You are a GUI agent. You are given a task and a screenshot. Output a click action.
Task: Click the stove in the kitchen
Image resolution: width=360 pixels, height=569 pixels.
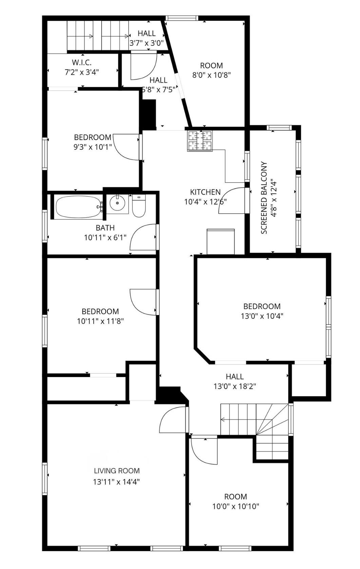point(200,141)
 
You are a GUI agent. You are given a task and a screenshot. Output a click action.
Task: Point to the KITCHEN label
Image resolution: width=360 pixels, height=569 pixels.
point(205,192)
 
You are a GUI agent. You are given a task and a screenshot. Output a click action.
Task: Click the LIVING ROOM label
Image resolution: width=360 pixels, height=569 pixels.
point(117,471)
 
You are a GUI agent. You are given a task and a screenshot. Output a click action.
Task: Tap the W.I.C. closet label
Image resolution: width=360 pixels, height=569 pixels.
point(82,62)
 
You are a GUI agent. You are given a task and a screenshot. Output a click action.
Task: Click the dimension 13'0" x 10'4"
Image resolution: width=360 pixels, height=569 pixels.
point(262,316)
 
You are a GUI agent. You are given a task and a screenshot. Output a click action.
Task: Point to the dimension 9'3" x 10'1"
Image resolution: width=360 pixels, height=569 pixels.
point(93,147)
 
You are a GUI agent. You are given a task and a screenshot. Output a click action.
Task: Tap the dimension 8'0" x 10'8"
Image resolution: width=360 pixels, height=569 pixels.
point(211,75)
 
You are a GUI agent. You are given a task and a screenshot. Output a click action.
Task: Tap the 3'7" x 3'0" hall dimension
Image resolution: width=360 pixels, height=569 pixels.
point(147,43)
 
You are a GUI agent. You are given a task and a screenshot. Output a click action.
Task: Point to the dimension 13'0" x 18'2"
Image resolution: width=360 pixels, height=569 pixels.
point(235,386)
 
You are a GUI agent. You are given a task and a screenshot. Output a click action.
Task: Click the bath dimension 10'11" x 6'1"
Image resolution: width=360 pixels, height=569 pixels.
point(105,238)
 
